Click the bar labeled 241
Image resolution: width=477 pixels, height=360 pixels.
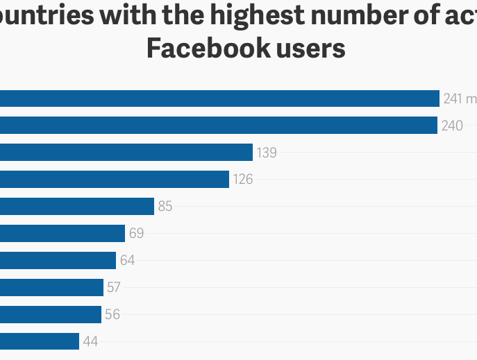219,98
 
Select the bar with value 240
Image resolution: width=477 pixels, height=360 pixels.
219,126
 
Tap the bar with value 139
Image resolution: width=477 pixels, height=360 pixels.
126,153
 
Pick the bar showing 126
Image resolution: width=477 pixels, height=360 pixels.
115,180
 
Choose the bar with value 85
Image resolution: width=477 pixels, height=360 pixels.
77,206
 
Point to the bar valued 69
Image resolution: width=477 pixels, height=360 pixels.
62,233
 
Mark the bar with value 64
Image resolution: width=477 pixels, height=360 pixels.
58,260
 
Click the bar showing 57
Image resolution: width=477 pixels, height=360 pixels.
51,287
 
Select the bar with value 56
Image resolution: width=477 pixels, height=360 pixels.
51,314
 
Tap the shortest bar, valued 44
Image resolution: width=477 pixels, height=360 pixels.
40,341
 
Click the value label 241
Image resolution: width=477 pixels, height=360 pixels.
453,99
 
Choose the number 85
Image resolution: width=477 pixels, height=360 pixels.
165,207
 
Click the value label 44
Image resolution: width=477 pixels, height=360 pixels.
90,342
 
